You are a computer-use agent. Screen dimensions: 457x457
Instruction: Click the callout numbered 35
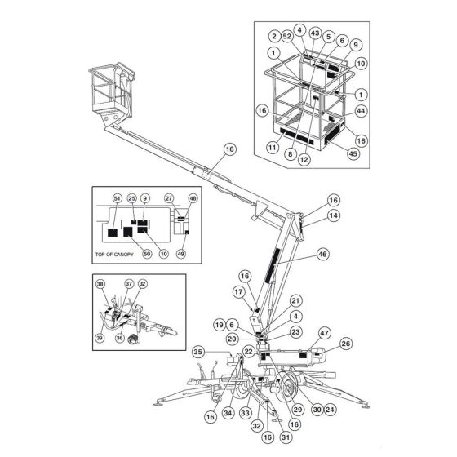(198, 353)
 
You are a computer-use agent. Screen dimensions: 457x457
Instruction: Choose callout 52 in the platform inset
(287, 36)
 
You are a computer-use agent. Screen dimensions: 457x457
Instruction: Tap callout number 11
(273, 148)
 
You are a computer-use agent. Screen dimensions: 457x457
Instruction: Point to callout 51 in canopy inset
(117, 199)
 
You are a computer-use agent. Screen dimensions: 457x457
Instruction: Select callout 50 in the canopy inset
(148, 254)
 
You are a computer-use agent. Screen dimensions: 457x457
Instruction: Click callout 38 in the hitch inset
(100, 285)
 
